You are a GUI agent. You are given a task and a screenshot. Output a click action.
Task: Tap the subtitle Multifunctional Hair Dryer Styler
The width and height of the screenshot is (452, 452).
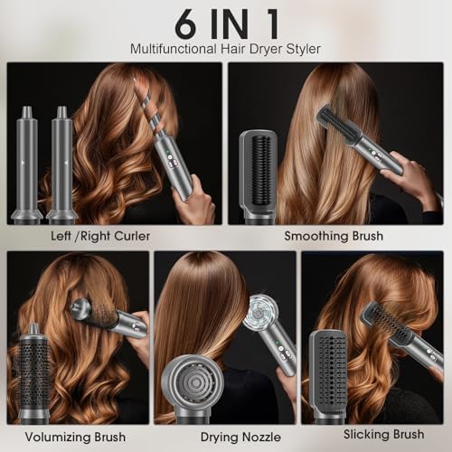tap(225, 48)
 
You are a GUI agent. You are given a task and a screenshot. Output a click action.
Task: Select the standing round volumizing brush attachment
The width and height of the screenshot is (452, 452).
tap(34, 371)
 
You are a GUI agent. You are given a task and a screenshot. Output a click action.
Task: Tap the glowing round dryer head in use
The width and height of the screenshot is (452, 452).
tap(260, 314)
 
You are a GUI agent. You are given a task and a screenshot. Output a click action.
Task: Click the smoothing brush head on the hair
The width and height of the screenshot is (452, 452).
tap(335, 127)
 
